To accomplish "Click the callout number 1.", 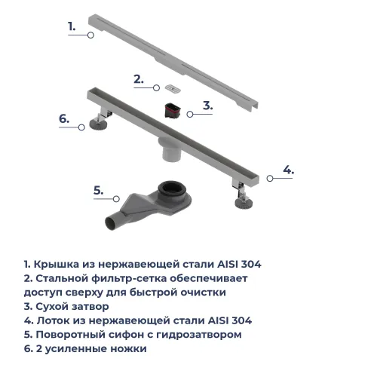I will pyautogui.click(x=72, y=26).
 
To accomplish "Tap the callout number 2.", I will pyautogui.click(x=138, y=78).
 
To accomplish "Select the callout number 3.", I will pyautogui.click(x=207, y=106).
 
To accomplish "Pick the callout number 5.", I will pyautogui.click(x=98, y=191).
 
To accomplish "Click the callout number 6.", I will pyautogui.click(x=64, y=118).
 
